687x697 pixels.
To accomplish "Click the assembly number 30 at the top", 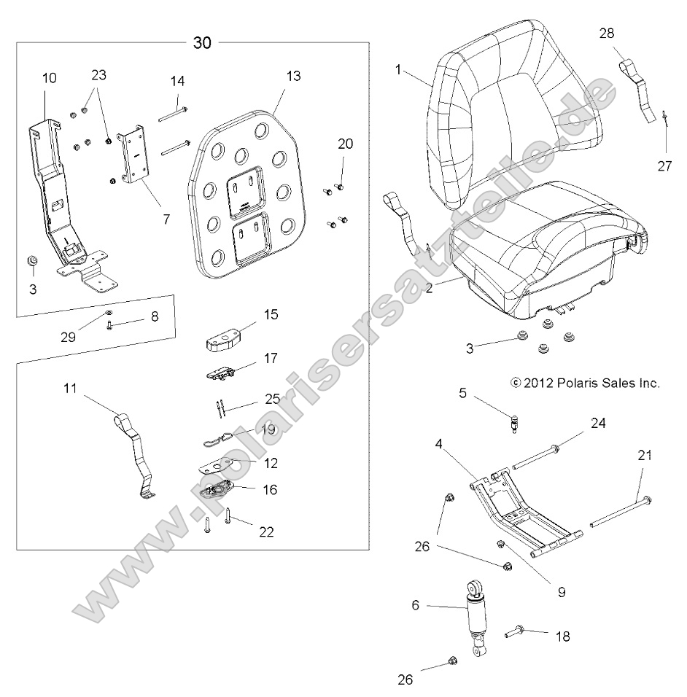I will click(202, 42).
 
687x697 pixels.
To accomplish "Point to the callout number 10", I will click(48, 77).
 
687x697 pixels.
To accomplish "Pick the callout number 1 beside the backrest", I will click(399, 69).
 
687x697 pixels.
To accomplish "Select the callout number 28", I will click(607, 33).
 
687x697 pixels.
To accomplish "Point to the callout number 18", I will click(562, 636).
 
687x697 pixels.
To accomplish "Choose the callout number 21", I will click(644, 456).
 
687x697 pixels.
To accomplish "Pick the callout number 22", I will click(266, 532).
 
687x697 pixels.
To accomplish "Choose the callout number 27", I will click(664, 166).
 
